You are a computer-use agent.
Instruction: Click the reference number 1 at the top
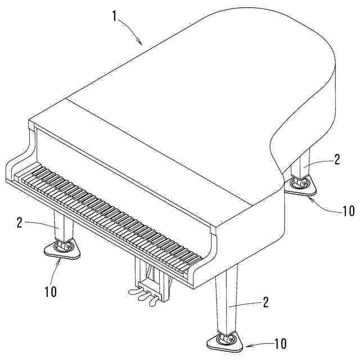point(115,15)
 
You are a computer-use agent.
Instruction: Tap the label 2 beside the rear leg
point(337,159)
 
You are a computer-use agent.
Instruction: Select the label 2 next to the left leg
point(20,223)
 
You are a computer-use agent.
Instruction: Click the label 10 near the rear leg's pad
point(347,211)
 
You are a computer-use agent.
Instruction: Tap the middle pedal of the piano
point(142,298)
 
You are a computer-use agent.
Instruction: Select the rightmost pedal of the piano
point(153,302)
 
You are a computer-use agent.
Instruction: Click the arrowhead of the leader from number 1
point(140,43)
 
